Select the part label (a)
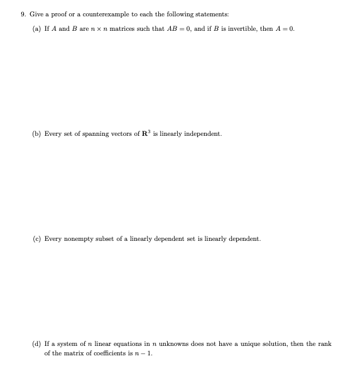pyautogui.click(x=36, y=29)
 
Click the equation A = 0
pyautogui.click(x=284, y=29)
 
